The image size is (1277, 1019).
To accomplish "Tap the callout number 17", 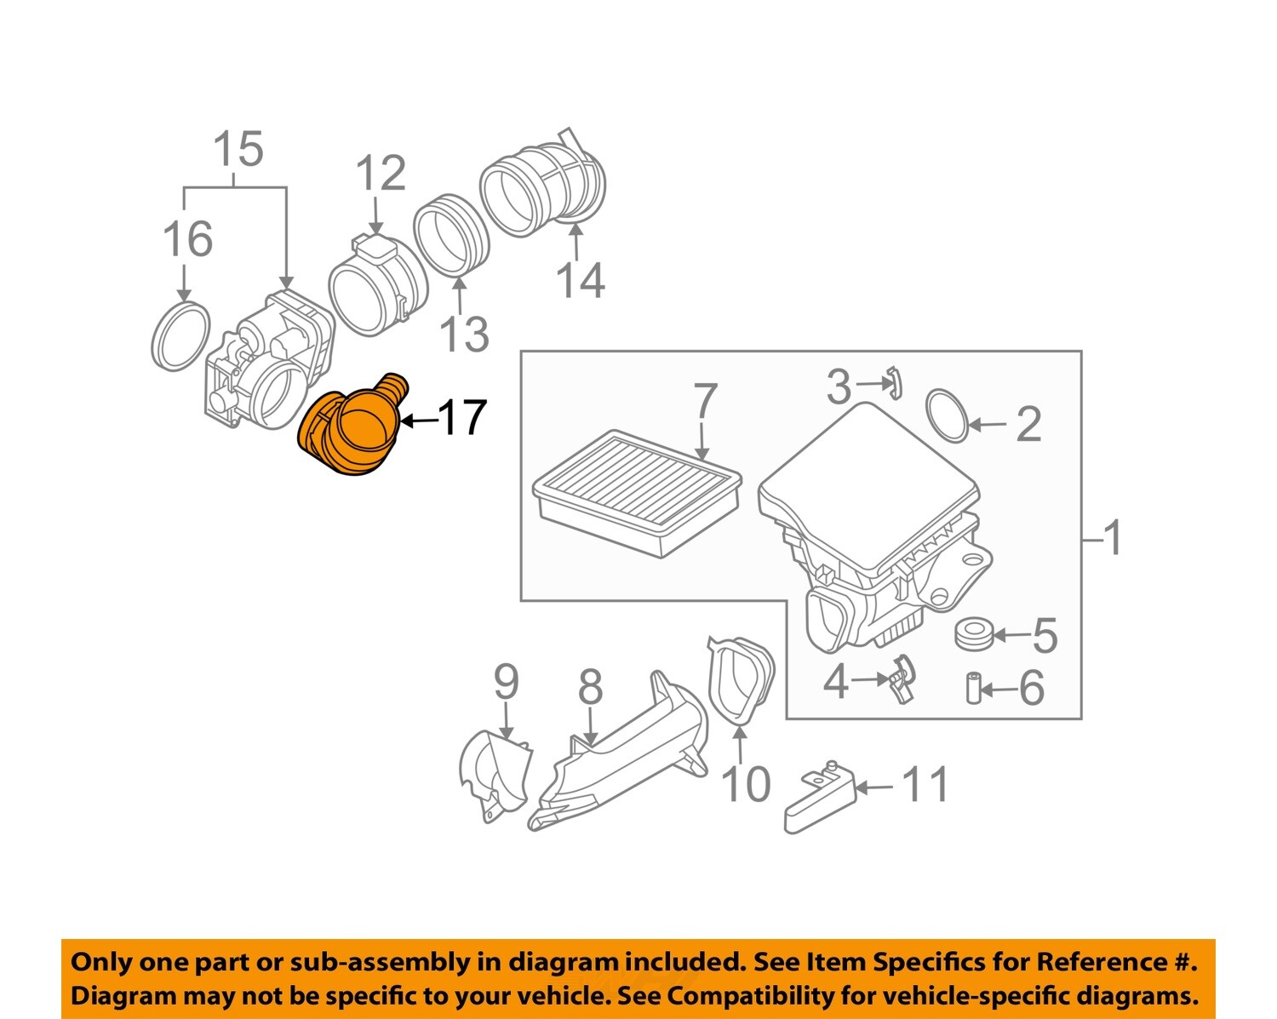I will click(x=461, y=418).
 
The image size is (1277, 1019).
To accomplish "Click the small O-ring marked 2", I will click(x=947, y=415).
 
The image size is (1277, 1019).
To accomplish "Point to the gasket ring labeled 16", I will click(x=180, y=335).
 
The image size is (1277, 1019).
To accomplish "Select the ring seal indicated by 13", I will click(x=451, y=236).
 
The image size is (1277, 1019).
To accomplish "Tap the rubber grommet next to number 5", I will click(x=973, y=634).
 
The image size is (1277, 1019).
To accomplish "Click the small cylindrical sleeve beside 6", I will click(x=974, y=688).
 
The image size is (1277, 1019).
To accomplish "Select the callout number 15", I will click(x=238, y=150).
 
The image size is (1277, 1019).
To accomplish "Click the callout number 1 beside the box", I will click(x=1111, y=538).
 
